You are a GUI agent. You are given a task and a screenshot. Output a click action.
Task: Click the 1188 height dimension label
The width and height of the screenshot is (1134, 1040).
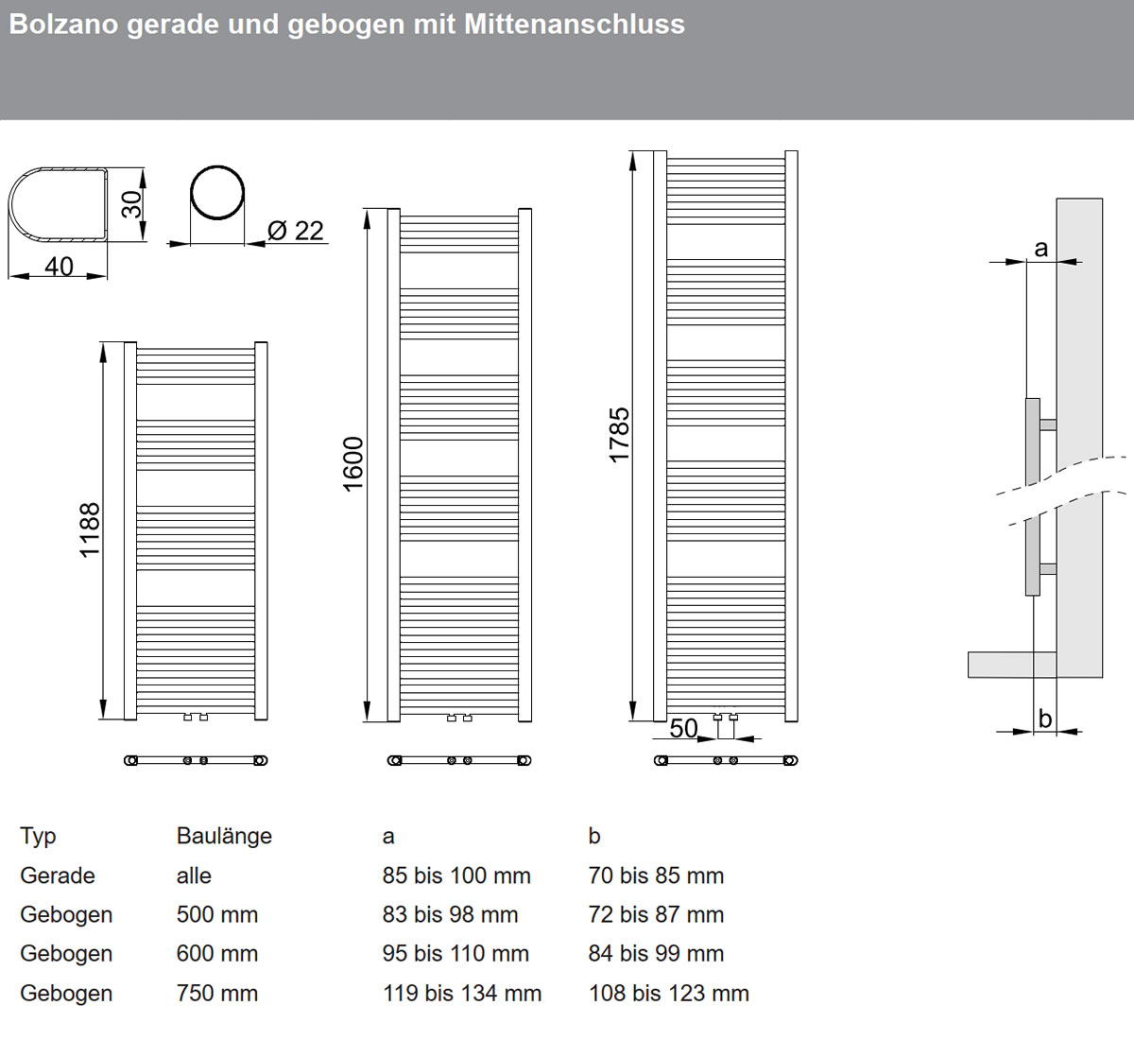coord(90,530)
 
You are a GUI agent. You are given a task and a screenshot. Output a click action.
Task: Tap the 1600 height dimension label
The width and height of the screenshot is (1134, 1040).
coord(353,463)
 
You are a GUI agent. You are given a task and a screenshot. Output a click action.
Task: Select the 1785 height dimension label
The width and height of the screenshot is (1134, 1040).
coord(619,434)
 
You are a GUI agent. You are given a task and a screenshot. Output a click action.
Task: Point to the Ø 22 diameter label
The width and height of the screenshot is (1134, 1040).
coord(295,231)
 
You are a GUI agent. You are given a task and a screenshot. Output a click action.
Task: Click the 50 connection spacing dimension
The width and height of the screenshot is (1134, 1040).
coord(683,728)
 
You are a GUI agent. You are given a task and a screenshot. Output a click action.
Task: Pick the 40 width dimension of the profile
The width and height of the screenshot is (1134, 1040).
coord(59,267)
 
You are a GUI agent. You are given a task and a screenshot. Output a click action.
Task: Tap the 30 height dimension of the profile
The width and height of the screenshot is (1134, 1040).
coord(131,203)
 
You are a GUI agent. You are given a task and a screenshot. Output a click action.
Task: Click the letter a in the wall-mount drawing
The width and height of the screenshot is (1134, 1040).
coord(1040,248)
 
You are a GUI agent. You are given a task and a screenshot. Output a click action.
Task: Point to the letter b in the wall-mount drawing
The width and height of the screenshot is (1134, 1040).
coord(1044,719)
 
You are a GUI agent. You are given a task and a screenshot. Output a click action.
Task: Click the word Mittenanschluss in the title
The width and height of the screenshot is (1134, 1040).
coord(574,24)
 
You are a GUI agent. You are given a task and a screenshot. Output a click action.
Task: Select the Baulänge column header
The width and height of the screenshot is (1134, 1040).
coord(224,836)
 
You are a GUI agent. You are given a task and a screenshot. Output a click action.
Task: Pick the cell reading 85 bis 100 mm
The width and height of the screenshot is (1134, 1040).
coord(456,875)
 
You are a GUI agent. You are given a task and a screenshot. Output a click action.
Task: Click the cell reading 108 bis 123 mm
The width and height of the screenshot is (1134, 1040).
coord(668,994)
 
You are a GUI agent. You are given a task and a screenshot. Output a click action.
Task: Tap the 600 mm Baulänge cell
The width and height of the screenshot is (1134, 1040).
coord(217,954)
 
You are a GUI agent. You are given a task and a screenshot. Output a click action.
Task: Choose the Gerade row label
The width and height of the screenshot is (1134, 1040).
coord(58,875)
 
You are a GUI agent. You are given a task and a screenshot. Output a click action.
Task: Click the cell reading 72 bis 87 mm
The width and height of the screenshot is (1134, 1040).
coord(656,915)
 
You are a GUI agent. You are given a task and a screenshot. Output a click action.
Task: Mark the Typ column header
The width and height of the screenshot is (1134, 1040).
coord(39,836)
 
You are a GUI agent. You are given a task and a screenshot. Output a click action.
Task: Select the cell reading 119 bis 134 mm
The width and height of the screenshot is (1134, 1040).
coord(462,994)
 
